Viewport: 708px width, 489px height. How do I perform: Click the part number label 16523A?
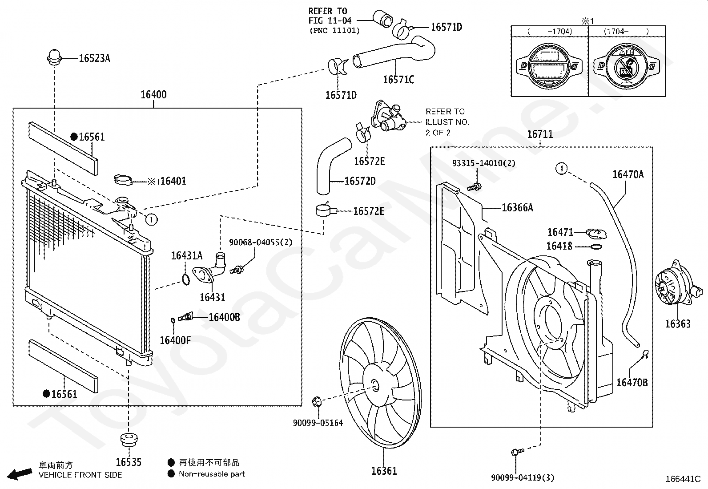pos(95,58)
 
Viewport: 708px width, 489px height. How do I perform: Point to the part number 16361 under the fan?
pos(384,471)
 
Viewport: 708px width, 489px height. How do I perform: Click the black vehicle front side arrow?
pos(20,473)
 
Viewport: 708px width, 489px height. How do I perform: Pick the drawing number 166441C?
pos(683,479)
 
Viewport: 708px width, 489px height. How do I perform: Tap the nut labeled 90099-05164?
pos(316,401)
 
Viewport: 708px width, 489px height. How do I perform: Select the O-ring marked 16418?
pos(596,247)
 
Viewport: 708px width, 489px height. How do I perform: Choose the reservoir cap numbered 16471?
pos(596,234)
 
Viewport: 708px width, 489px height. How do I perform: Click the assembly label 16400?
pos(153,94)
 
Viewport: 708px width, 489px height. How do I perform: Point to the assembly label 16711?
pos(540,134)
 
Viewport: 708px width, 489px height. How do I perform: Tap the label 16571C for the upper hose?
pos(398,79)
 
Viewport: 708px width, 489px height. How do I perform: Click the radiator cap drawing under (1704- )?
pos(627,67)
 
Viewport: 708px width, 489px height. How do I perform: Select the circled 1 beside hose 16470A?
pos(562,168)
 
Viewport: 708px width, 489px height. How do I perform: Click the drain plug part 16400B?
pos(185,317)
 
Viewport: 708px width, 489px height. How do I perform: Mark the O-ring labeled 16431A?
pos(186,279)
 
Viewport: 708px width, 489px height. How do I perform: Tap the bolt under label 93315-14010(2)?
pos(474,187)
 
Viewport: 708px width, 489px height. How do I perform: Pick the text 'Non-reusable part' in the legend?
pos(212,474)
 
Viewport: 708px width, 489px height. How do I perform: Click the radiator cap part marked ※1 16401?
pos(123,180)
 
